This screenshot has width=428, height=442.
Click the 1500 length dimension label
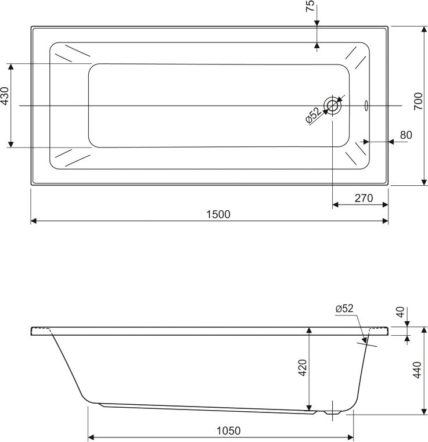(218, 214)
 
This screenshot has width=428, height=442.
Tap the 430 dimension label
(5, 96)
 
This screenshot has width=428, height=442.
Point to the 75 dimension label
(310, 6)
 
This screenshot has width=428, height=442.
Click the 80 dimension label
(405, 135)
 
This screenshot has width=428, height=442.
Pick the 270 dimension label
(363, 198)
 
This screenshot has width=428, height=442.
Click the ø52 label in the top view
(312, 116)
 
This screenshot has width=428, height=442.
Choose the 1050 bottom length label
(228, 431)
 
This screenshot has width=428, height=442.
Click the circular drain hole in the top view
(333, 106)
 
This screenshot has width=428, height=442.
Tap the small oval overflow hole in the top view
(366, 106)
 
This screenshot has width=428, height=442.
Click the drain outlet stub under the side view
(333, 410)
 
